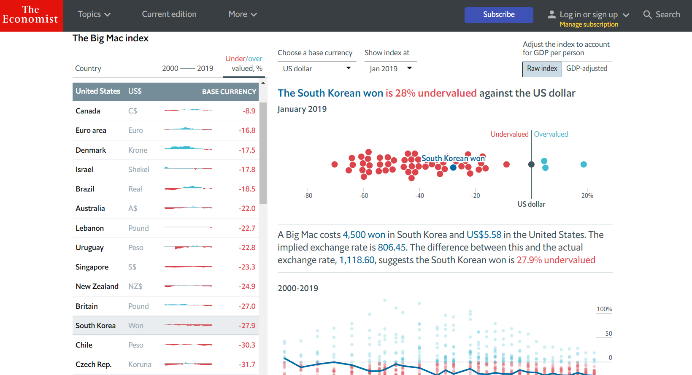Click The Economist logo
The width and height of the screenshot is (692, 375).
point(31,16)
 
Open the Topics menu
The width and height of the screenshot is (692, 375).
point(94,14)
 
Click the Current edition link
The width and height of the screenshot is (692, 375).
point(169,14)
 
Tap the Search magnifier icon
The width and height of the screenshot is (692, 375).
point(647,15)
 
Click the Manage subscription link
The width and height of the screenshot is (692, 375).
point(589,24)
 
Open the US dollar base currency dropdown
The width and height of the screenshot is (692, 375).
point(316,69)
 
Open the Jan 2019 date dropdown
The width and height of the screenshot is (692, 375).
point(390,69)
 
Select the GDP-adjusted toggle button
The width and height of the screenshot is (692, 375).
point(587,69)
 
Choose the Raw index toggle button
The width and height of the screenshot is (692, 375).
point(542,69)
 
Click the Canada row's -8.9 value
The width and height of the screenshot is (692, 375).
point(249,111)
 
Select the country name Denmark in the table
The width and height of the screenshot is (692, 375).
point(91,150)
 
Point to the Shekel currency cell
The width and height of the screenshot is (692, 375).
point(138,170)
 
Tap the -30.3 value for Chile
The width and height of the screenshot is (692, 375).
point(247,345)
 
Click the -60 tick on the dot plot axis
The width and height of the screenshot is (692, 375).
point(364,196)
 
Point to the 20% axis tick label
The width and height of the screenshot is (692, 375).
point(587,196)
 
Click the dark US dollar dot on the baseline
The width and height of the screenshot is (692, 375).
point(531,165)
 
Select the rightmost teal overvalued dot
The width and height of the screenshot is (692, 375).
point(584,165)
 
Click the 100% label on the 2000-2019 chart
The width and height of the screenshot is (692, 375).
point(604,309)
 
